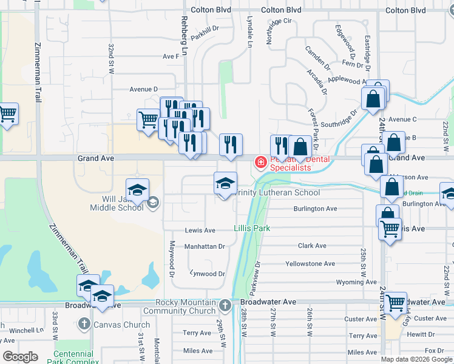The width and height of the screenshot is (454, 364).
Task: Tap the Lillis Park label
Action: [x=251, y=229]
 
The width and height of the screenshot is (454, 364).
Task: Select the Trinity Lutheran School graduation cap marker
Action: [x=225, y=184]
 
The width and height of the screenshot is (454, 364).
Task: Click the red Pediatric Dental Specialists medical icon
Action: [x=260, y=163]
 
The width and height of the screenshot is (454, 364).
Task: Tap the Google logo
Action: [x=20, y=357]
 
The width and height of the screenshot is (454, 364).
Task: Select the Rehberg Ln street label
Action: [x=184, y=33]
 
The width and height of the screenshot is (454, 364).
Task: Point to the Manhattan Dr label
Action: [x=205, y=247]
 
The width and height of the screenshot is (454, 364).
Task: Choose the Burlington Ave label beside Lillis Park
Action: [x=315, y=209]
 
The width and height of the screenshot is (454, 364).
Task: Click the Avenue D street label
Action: [x=143, y=89]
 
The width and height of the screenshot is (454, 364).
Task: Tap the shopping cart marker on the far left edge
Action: [x=7, y=115]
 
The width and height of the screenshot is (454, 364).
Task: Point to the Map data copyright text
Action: [x=416, y=359]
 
